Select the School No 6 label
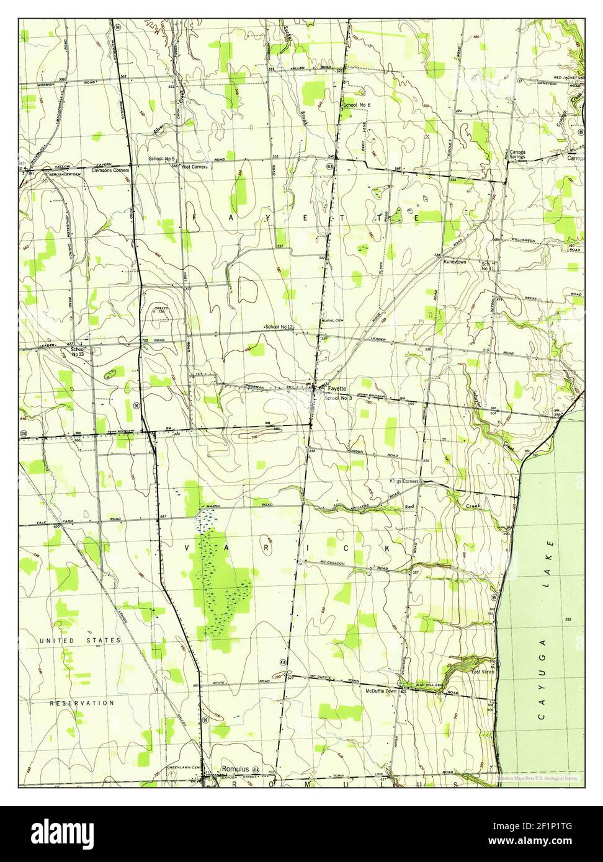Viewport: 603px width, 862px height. click(357, 105)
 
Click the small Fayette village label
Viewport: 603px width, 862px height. click(337, 388)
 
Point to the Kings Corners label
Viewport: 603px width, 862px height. click(404, 481)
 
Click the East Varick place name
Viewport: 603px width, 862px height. click(483, 672)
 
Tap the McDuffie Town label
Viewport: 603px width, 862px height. click(381, 691)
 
